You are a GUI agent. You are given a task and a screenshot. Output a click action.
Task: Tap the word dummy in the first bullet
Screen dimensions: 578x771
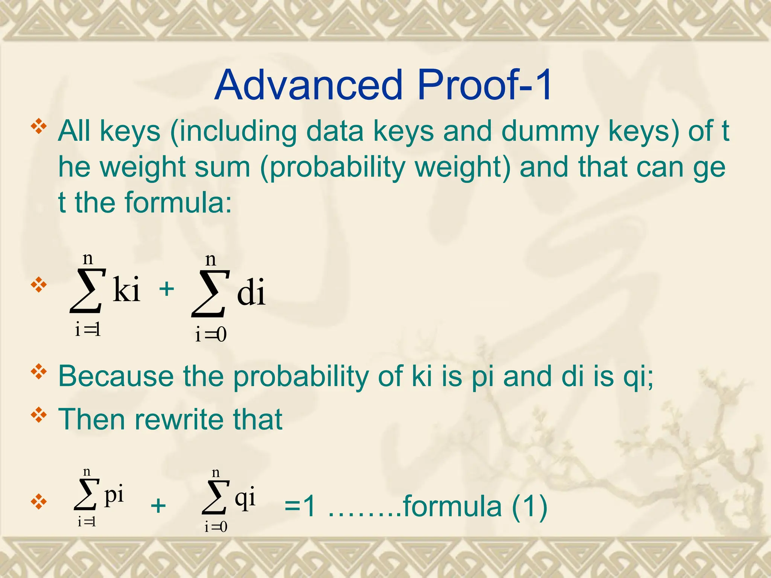click(550, 131)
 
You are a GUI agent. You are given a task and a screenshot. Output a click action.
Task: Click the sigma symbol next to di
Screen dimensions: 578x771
click(210, 294)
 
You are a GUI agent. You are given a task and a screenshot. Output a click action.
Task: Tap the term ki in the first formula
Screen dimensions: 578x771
click(126, 289)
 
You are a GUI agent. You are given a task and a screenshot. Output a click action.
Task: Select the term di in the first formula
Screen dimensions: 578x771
click(251, 292)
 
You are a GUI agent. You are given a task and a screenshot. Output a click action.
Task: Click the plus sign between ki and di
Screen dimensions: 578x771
click(166, 289)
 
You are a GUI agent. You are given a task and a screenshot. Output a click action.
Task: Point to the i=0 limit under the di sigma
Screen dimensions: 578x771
click(211, 334)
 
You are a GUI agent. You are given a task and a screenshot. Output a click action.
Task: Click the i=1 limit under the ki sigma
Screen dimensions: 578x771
click(88, 330)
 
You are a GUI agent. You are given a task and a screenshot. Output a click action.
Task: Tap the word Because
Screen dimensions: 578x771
click(116, 376)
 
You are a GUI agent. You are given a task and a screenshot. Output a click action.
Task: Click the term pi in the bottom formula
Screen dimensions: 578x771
click(114, 494)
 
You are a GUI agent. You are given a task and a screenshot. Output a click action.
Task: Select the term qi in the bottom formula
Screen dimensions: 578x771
click(245, 498)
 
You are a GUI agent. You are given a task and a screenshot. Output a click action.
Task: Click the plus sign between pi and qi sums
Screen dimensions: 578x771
click(158, 505)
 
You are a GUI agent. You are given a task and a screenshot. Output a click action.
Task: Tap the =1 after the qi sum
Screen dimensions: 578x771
click(300, 506)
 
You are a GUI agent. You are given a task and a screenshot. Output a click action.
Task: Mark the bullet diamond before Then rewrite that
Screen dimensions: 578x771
click(39, 416)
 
